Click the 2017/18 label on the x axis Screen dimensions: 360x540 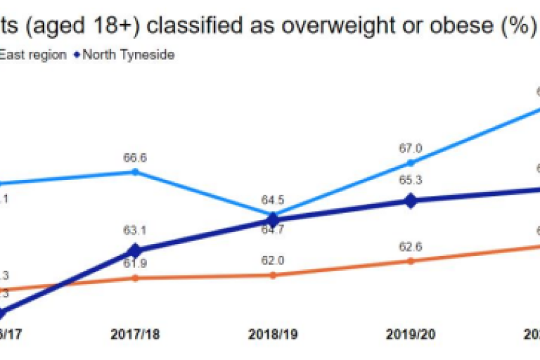tap(135, 335)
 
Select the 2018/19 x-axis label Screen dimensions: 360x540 tap(273, 335)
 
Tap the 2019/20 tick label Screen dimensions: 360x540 tap(410, 335)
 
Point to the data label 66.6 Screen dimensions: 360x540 tap(136, 158)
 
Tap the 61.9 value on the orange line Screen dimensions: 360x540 tap(136, 264)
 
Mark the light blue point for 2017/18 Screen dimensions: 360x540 tap(136, 172)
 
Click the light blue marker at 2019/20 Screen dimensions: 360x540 tap(411, 162)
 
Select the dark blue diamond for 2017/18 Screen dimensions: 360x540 tap(136, 250)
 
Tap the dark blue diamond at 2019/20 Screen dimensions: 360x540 tap(411, 200)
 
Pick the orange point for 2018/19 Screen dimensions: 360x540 tap(273, 275)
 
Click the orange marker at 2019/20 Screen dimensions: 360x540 tap(411, 261)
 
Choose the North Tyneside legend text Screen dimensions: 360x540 tap(128, 55)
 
